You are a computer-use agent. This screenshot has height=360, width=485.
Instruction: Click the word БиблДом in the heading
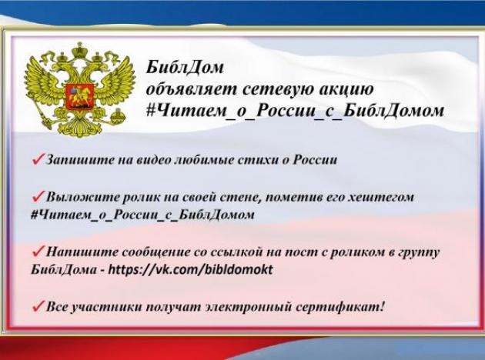click(184, 67)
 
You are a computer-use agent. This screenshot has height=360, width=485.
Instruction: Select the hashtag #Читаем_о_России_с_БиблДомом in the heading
click(295, 110)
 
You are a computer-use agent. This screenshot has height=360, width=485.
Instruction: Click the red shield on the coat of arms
click(79, 97)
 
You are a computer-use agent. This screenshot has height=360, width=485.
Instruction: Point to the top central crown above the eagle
click(80, 51)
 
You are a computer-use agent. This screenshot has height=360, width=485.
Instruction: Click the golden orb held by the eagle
click(117, 116)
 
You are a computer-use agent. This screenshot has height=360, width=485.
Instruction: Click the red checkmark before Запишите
click(38, 159)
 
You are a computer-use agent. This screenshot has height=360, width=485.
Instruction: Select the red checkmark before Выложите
click(38, 196)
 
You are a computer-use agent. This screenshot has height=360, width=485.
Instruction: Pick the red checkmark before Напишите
click(38, 252)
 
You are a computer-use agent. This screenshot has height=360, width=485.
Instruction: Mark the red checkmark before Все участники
click(38, 307)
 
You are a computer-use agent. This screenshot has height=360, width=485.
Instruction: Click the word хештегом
click(381, 198)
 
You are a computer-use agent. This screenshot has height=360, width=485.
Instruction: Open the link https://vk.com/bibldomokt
click(191, 269)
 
